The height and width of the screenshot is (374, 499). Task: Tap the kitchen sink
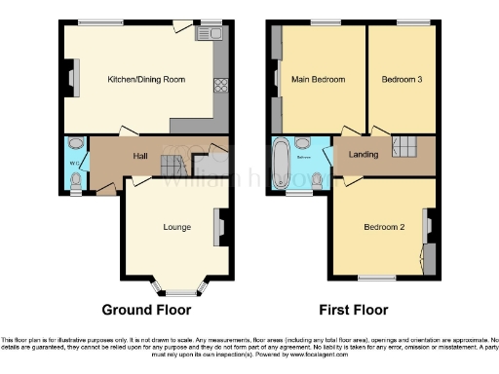(x=210, y=35)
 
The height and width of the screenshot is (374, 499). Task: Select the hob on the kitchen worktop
(x=220, y=84)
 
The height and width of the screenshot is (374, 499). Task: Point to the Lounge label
(x=176, y=228)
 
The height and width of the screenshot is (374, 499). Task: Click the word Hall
(x=140, y=156)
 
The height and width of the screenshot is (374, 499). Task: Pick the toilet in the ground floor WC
(x=76, y=179)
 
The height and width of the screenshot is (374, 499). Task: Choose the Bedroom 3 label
(x=401, y=80)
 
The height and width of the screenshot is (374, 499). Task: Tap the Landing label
(x=352, y=154)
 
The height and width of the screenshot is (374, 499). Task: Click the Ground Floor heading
(x=148, y=310)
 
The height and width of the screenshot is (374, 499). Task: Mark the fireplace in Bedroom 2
(x=428, y=228)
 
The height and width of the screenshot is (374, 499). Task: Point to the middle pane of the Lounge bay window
(x=177, y=291)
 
